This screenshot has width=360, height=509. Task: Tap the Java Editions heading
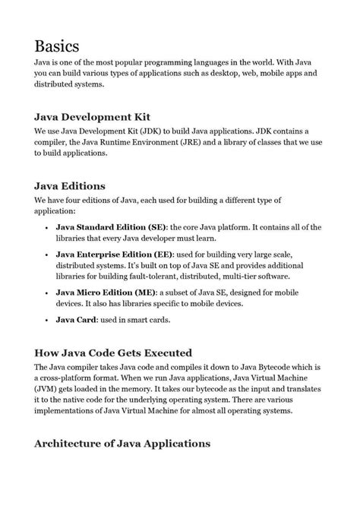click(70, 186)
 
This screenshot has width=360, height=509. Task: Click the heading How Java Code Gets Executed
click(113, 353)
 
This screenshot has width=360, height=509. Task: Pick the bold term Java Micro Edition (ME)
click(106, 292)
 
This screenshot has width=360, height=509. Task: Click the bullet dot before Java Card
click(47, 320)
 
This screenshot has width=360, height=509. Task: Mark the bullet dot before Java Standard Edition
click(47, 227)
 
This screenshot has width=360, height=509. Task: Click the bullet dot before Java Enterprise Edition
click(47, 253)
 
